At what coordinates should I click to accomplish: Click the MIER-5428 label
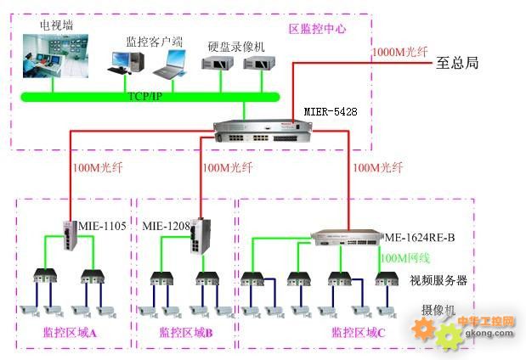click(x=333, y=111)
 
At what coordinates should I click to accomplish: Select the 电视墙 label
click(x=57, y=25)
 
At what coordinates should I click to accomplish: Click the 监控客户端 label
click(x=153, y=40)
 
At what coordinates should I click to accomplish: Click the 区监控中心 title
click(x=317, y=28)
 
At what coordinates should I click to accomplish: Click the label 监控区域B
click(x=186, y=332)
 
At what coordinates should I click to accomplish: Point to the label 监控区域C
click(x=358, y=332)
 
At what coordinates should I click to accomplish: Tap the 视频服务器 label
click(x=438, y=280)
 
